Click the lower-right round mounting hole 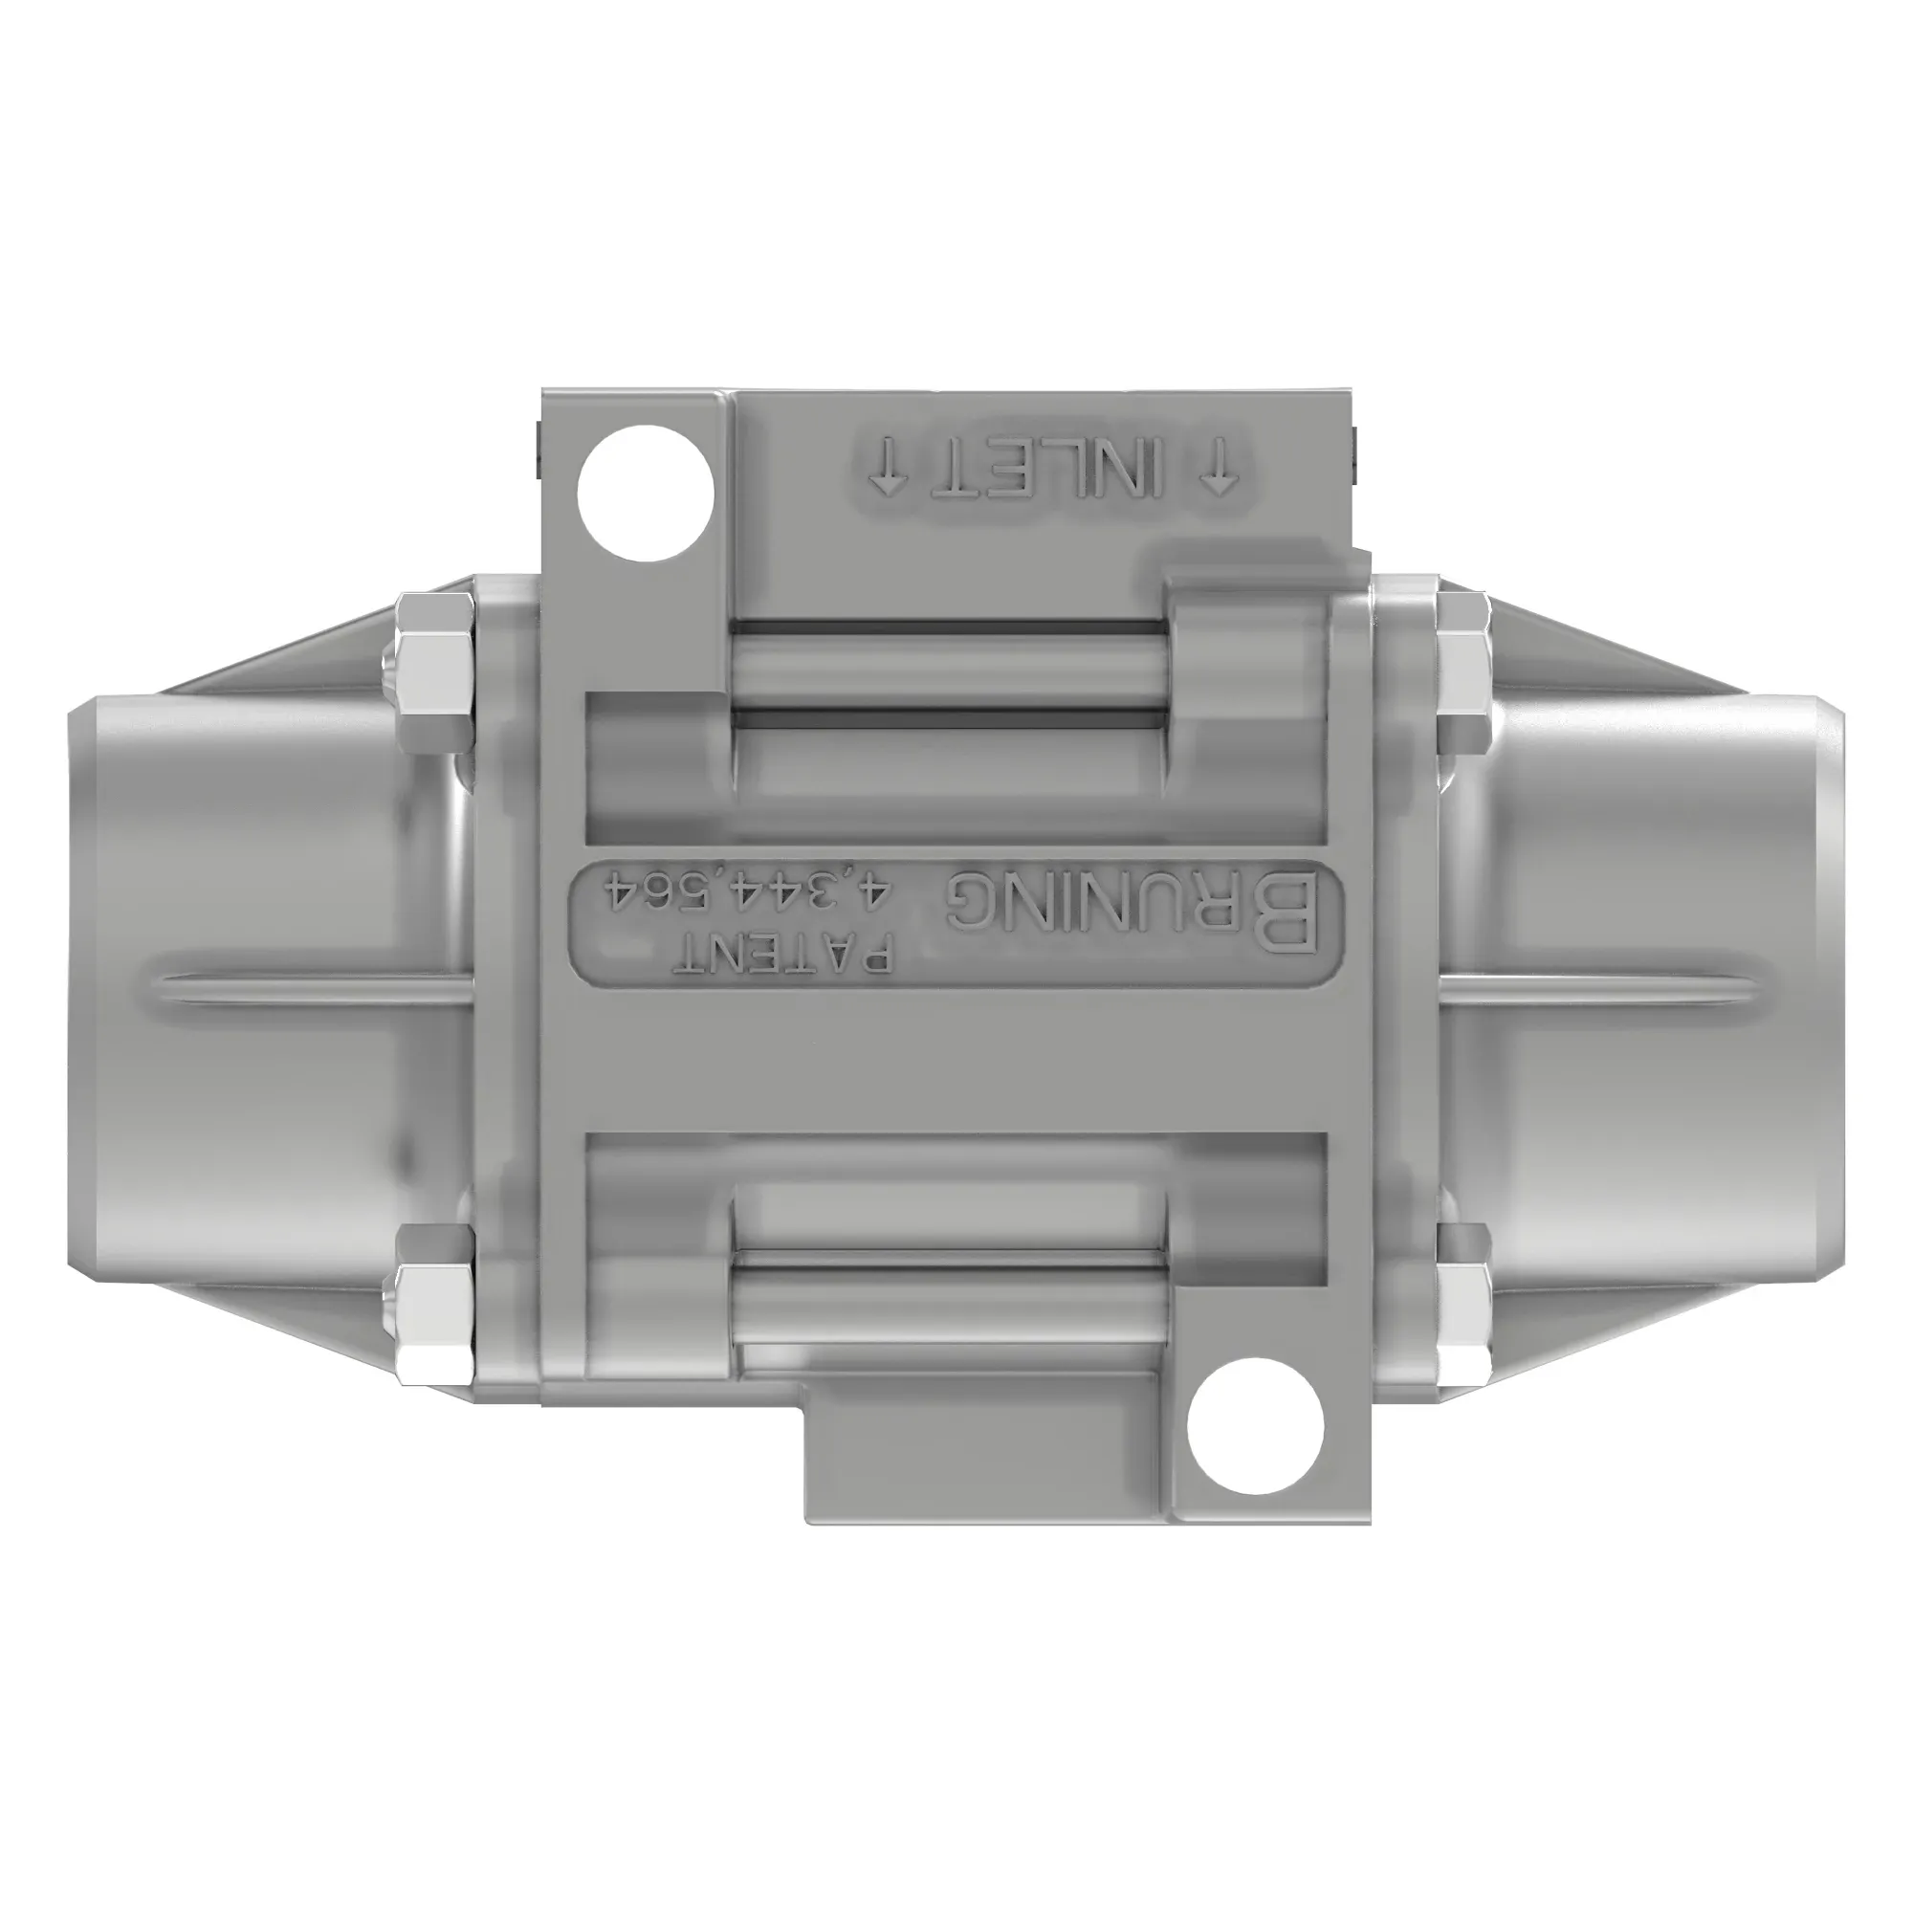[x=1256, y=1427]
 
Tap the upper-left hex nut [x=432, y=673]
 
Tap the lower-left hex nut [x=432, y=1309]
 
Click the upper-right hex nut [x=1463, y=673]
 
